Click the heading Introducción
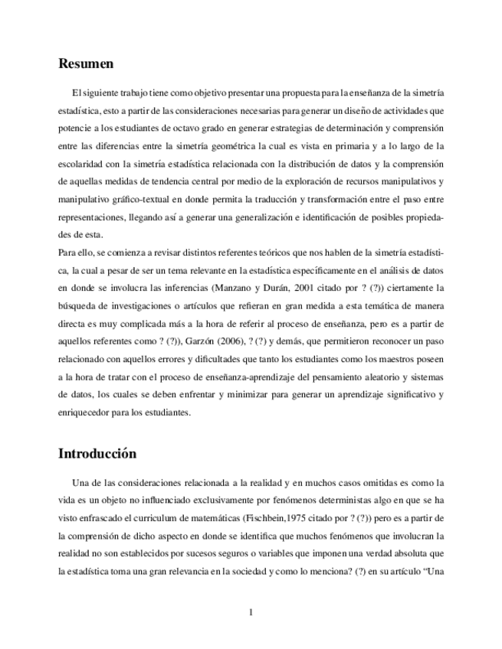[97, 453]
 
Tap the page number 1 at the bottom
[251, 612]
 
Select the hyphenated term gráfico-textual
[143, 199]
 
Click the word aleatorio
[367, 377]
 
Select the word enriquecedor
[90, 413]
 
